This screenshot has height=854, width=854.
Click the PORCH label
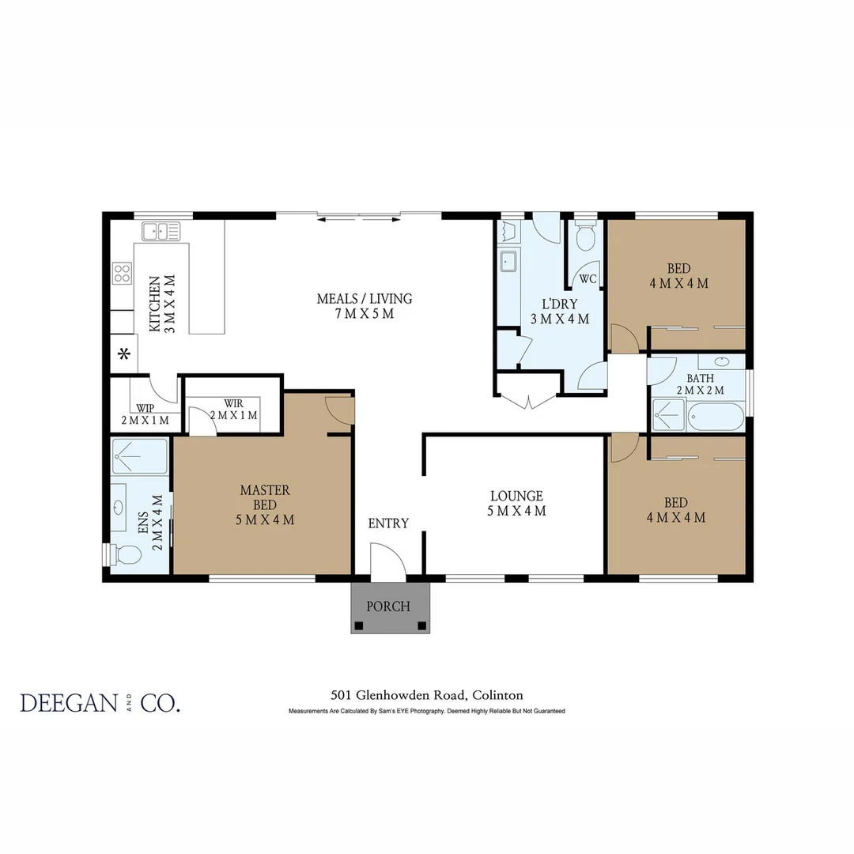tap(389, 606)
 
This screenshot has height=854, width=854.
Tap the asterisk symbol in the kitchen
tap(123, 354)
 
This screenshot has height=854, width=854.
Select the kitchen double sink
tap(161, 231)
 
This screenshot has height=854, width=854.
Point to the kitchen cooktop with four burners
tap(122, 274)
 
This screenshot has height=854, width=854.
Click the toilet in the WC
tap(586, 237)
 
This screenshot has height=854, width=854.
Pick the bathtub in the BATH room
tap(716, 416)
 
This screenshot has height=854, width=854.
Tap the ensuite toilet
tap(127, 555)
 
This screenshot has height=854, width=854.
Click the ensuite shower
tap(139, 456)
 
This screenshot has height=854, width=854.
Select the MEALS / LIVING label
tap(364, 306)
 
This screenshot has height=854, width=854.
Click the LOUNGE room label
tap(516, 504)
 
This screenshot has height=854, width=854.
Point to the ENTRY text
tap(388, 523)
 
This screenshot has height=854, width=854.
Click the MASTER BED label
tap(265, 504)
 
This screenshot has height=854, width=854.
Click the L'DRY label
tap(560, 312)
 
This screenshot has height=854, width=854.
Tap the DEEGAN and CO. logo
tap(100, 703)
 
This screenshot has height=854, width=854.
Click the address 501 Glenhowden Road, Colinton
tap(427, 696)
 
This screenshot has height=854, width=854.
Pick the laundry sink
tap(508, 260)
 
